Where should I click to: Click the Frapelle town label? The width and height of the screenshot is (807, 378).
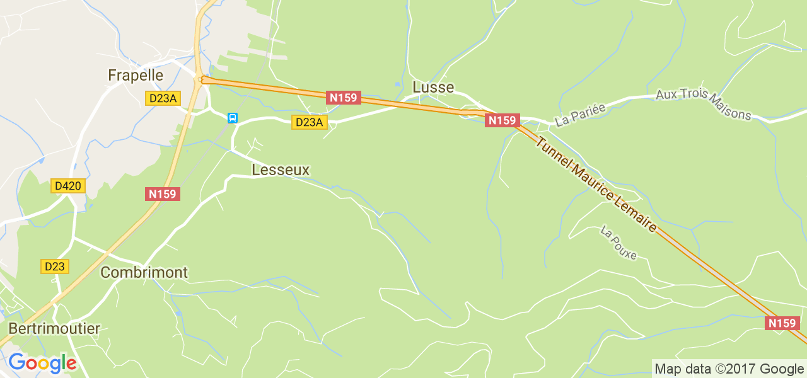pyautogui.click(x=136, y=76)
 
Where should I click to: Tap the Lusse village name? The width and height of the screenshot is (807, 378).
pyautogui.click(x=433, y=87)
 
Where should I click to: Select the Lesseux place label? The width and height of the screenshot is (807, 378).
pyautogui.click(x=281, y=170)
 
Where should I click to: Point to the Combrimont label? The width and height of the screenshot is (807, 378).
pyautogui.click(x=144, y=273)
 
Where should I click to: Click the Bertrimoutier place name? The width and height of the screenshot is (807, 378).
pyautogui.click(x=54, y=329)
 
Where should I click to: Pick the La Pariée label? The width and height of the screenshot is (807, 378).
pyautogui.click(x=580, y=115)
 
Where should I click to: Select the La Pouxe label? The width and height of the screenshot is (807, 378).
pyautogui.click(x=619, y=243)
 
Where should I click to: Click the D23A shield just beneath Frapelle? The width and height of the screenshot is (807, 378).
pyautogui.click(x=163, y=98)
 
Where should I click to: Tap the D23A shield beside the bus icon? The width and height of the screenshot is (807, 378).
pyautogui.click(x=309, y=122)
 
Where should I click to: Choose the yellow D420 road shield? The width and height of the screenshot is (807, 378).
pyautogui.click(x=68, y=186)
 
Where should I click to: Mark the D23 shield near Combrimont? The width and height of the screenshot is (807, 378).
pyautogui.click(x=55, y=266)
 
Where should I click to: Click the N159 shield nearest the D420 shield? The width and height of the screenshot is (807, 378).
pyautogui.click(x=163, y=194)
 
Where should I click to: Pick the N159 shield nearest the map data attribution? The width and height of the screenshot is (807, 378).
pyautogui.click(x=782, y=323)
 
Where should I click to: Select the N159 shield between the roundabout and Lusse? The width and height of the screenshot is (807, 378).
pyautogui.click(x=344, y=98)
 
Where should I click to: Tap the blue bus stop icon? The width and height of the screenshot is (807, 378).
pyautogui.click(x=233, y=118)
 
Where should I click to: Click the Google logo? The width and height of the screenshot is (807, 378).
pyautogui.click(x=42, y=364)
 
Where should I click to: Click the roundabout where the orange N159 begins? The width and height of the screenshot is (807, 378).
pyautogui.click(x=202, y=79)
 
